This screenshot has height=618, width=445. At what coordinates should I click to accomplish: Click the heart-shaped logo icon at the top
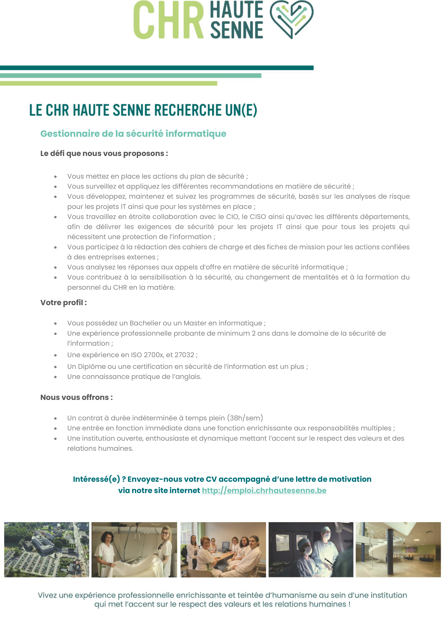coord(291,19)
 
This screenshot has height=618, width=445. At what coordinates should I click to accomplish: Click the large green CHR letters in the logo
coord(168,20)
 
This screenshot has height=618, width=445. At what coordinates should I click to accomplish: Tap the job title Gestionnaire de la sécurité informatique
coord(133,134)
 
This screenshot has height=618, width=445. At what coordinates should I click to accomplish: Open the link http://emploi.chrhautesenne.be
coord(264,491)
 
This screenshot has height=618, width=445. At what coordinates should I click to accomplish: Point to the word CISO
coord(258,217)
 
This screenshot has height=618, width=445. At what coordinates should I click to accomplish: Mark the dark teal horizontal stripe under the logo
coord(157,68)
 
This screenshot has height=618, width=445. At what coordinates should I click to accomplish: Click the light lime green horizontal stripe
coord(108,83)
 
